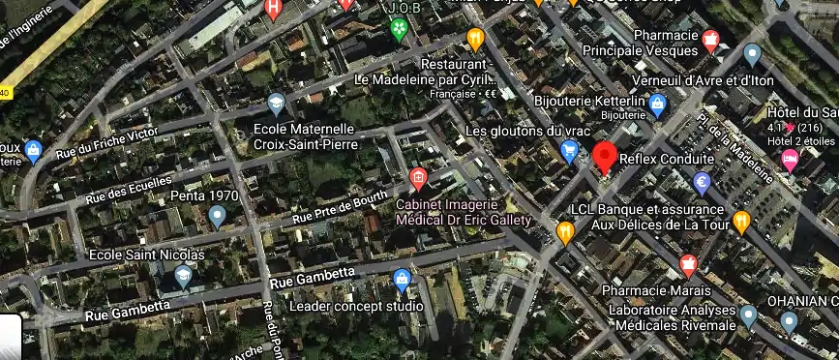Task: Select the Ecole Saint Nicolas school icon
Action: coord(183,277)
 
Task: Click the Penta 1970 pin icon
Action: coord(217,215)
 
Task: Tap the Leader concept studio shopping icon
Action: coord(402,281)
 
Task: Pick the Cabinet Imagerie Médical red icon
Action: coord(418,178)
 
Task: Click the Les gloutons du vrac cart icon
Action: coord(570,150)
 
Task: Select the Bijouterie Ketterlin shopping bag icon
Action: coord(658,103)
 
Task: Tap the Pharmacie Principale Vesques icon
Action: coord(711,41)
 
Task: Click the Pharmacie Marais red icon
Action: coord(688,264)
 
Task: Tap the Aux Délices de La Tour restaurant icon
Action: coord(741,222)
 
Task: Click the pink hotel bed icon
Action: coord(791,158)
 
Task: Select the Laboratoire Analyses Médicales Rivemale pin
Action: coord(747,315)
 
